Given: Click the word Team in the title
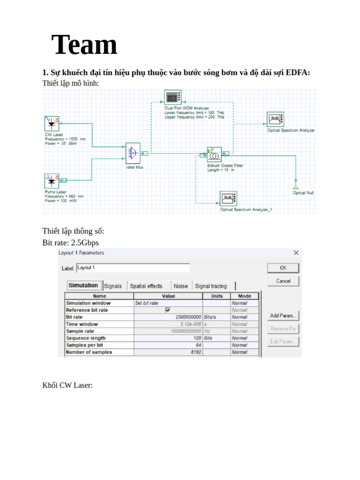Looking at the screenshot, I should (x=84, y=45).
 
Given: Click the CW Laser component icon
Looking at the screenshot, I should (x=51, y=124).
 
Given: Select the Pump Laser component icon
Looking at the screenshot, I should (x=51, y=181).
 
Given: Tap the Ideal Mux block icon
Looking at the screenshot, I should (x=133, y=153).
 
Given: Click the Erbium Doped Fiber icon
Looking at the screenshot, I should (x=214, y=154).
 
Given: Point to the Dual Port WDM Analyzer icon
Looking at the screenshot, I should (x=172, y=98).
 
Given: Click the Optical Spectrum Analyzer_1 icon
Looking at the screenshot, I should (x=228, y=199).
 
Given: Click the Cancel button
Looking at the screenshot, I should (x=283, y=281).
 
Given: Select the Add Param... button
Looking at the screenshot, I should (x=283, y=316).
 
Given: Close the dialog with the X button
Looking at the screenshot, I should (x=296, y=253).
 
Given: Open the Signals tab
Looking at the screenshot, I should (x=113, y=286).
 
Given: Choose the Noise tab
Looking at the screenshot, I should (x=180, y=286).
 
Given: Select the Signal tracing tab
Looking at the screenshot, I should (x=210, y=286).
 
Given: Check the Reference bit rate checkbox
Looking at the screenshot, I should (x=168, y=310).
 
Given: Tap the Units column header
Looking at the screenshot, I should (x=217, y=296).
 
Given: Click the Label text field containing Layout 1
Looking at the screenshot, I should (x=133, y=268).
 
